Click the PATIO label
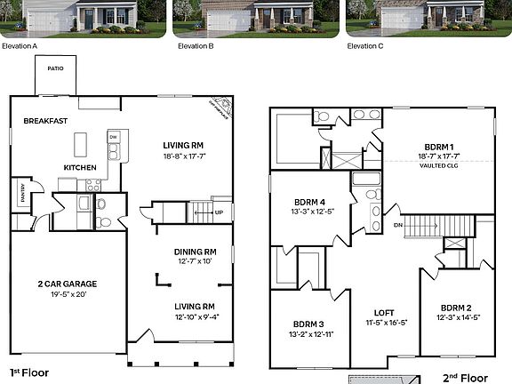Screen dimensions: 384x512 (x=55, y=68)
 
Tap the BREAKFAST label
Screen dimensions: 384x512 (x=46, y=120)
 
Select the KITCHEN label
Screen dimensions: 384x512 (x=79, y=167)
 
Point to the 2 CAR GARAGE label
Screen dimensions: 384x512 (x=67, y=284)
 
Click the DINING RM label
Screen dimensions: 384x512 (x=195, y=252)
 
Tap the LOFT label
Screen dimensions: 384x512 (x=384, y=313)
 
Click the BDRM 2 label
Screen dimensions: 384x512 (x=458, y=306)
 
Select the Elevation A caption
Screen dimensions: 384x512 (x=20, y=45)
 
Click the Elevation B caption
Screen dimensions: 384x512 (x=196, y=45)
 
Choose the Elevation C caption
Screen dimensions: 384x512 (x=365, y=45)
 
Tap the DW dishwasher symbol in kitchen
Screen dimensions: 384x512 (x=113, y=137)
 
